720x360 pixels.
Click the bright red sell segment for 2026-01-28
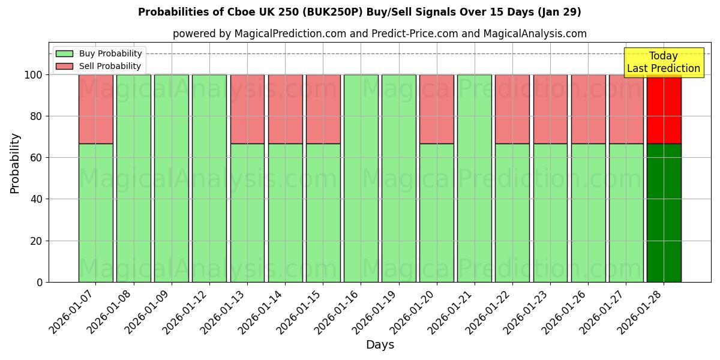click(x=664, y=109)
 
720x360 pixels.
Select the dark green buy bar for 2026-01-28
click(x=664, y=212)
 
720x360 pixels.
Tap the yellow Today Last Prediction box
click(x=663, y=62)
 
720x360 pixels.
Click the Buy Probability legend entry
click(x=99, y=53)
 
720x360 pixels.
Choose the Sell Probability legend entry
click(x=99, y=66)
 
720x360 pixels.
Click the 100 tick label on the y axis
click(x=33, y=75)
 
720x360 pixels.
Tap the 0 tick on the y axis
click(x=40, y=282)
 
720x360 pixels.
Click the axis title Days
click(x=380, y=345)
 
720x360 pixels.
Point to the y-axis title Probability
click(x=15, y=163)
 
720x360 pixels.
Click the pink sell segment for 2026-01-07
click(x=95, y=109)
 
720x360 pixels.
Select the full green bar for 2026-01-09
click(x=171, y=178)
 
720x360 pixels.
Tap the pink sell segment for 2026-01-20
click(x=436, y=109)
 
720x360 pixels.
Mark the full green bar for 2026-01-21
click(x=474, y=178)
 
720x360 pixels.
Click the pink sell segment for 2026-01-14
click(x=285, y=109)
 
